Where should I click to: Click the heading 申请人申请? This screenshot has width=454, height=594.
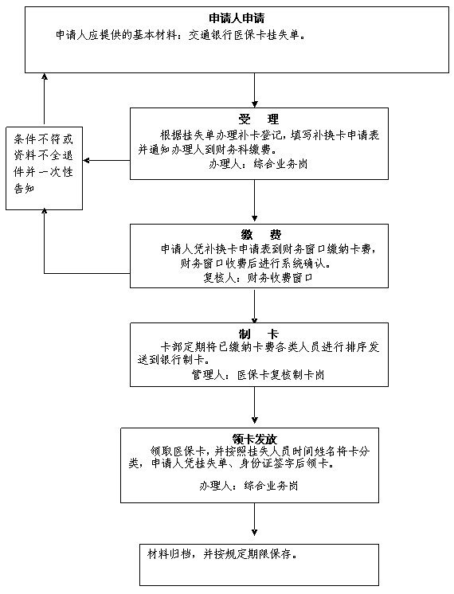[x=237, y=18]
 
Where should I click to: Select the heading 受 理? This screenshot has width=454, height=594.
[x=258, y=119]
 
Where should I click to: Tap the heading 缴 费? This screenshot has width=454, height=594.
[x=260, y=235]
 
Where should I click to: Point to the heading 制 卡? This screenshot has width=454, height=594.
[x=258, y=334]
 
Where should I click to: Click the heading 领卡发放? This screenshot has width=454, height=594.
[x=255, y=439]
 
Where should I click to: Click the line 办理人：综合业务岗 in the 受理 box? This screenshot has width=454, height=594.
[x=258, y=164]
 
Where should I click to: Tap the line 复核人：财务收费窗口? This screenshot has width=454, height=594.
[x=258, y=278]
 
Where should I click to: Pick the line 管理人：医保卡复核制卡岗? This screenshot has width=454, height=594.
[x=258, y=375]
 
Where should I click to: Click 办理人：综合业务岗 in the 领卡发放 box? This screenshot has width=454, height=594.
[x=249, y=486]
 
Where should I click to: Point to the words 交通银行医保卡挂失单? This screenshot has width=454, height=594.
[x=244, y=36]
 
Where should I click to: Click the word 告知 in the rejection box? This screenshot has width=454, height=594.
[x=24, y=188]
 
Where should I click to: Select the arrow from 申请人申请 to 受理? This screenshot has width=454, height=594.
[x=255, y=90]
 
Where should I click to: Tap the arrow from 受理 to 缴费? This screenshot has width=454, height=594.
[x=255, y=201]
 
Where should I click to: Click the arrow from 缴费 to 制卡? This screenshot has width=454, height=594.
[x=255, y=305]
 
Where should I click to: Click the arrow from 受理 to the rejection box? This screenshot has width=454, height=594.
[x=107, y=161]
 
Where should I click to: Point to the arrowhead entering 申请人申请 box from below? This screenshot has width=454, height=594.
[x=45, y=76]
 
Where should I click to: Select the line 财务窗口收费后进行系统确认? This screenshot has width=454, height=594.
[x=255, y=264]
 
